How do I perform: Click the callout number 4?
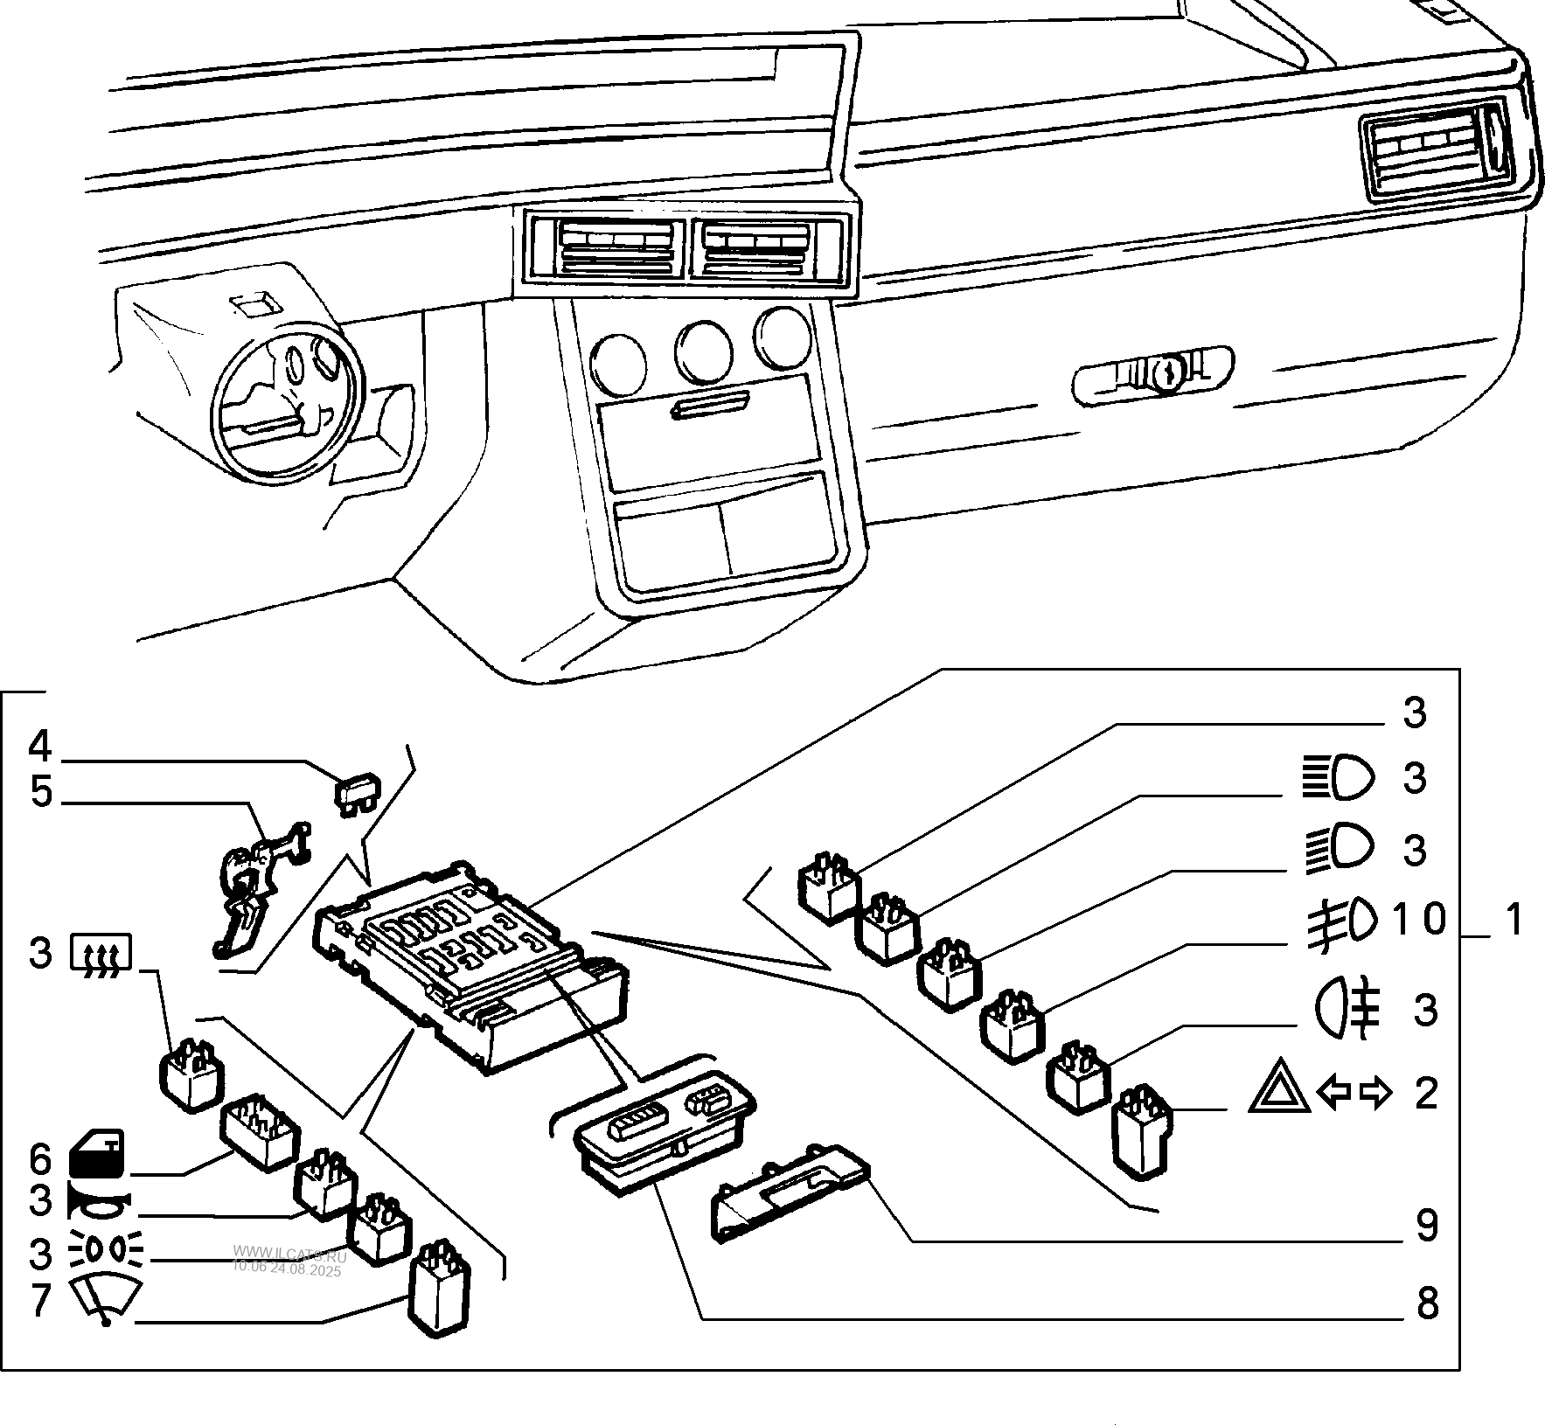[x=40, y=747]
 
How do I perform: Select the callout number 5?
[x=40, y=793]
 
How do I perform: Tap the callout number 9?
[x=1426, y=1226]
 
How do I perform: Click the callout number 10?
[x=1418, y=919]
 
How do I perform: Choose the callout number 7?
[x=40, y=1300]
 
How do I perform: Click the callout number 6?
[x=40, y=1160]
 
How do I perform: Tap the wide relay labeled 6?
[x=260, y=1131]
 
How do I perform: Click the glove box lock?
[x=1164, y=373]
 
